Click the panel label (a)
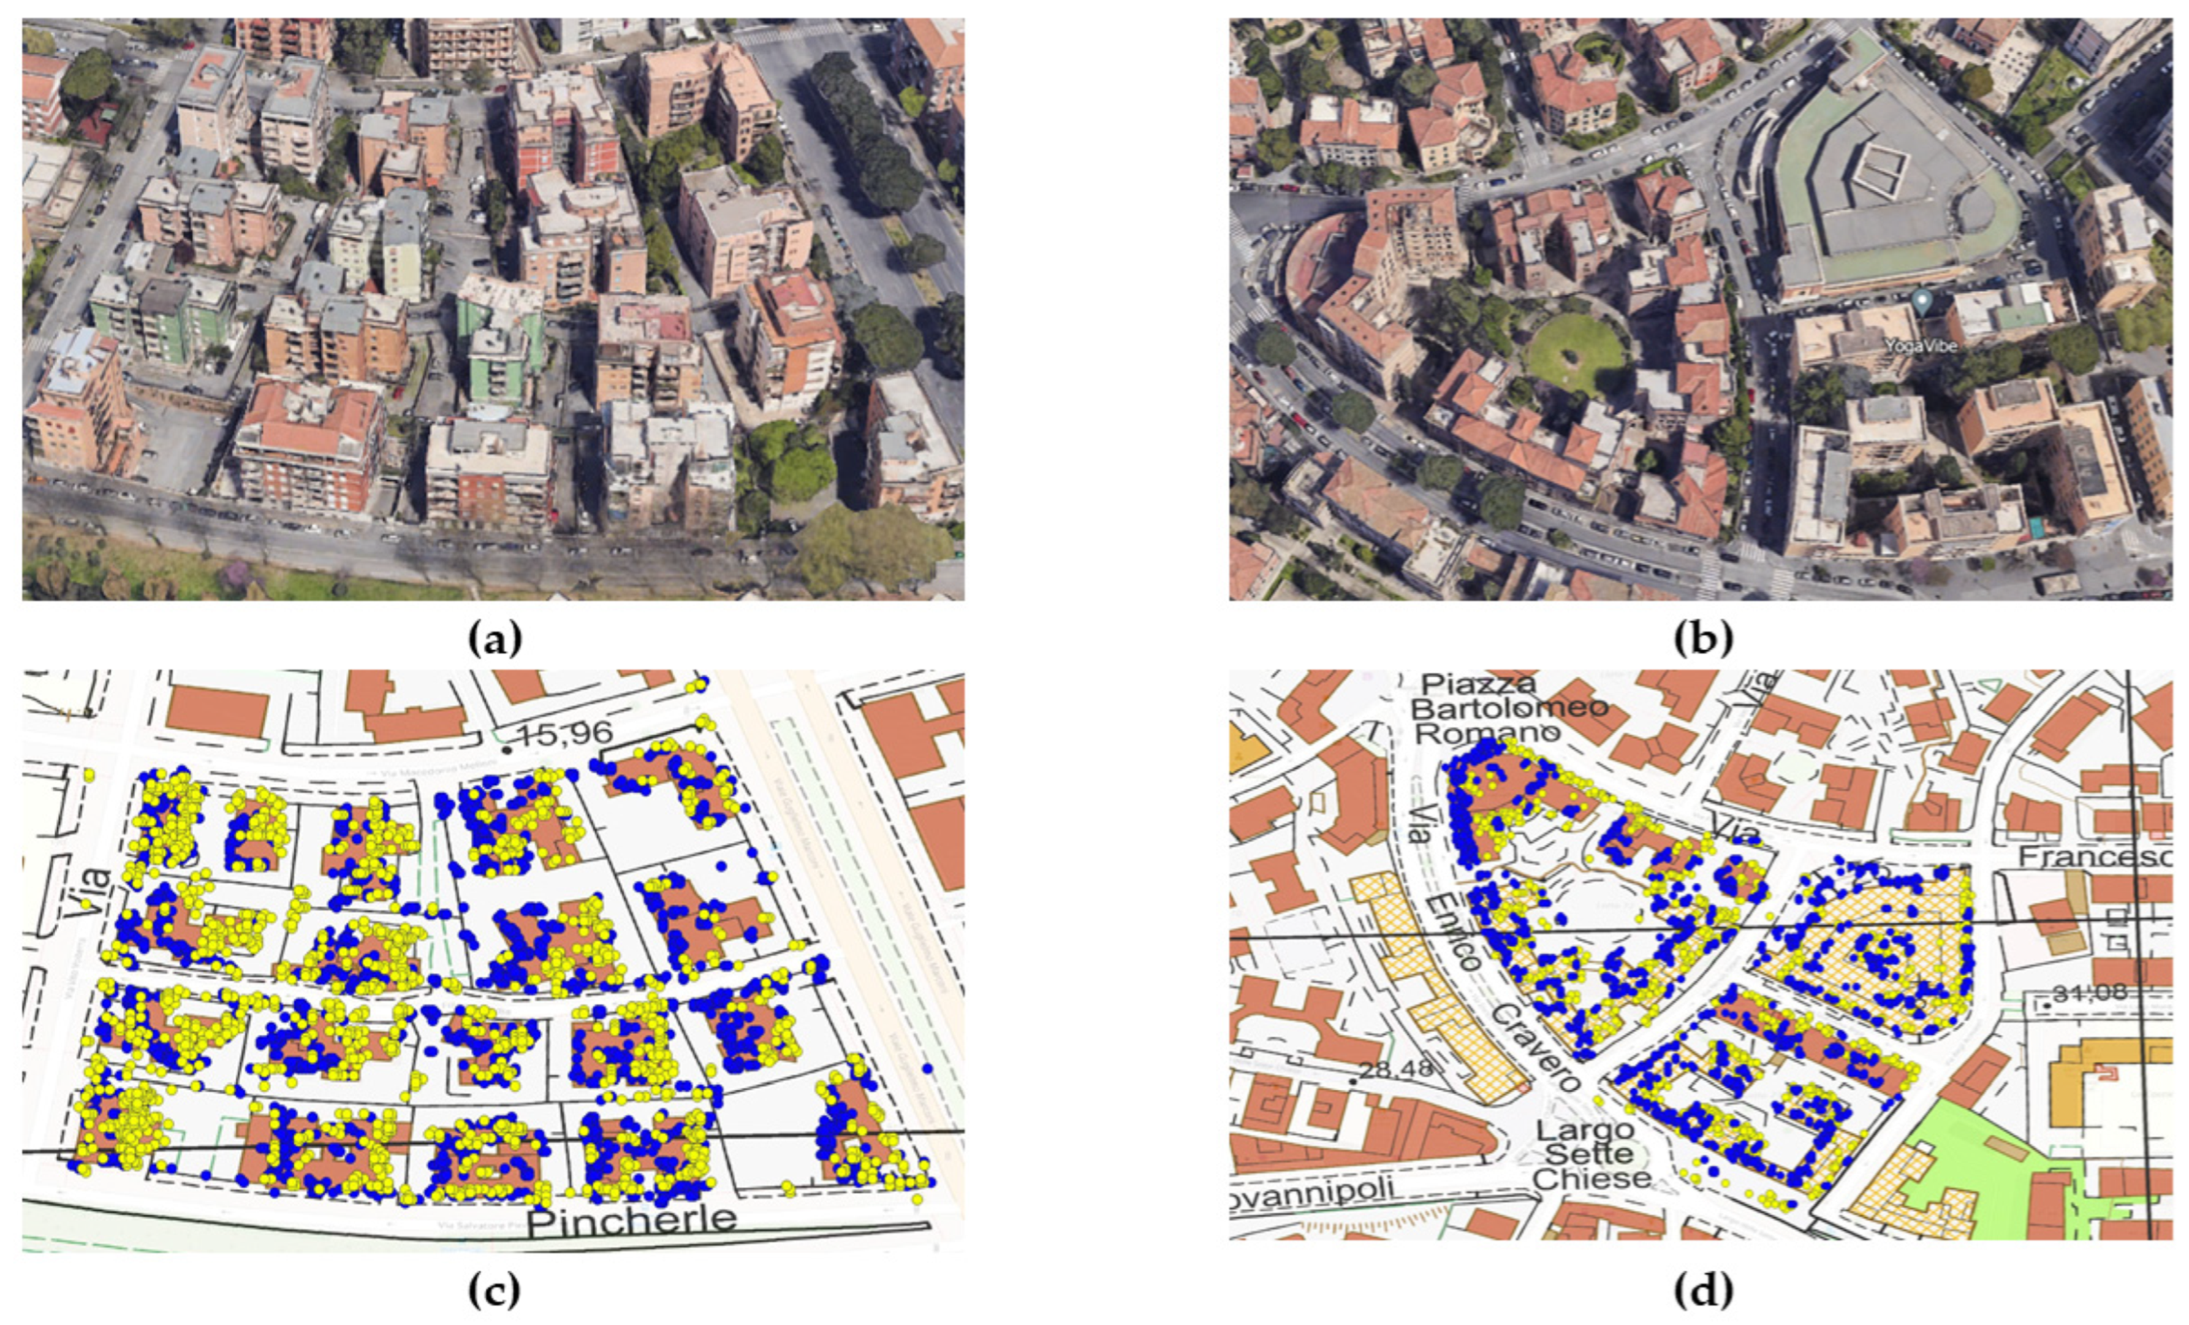pyautogui.click(x=494, y=639)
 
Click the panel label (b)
pyautogui.click(x=1702, y=639)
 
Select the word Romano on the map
pyautogui.click(x=1486, y=733)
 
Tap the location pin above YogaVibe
pyautogui.click(x=1922, y=303)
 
